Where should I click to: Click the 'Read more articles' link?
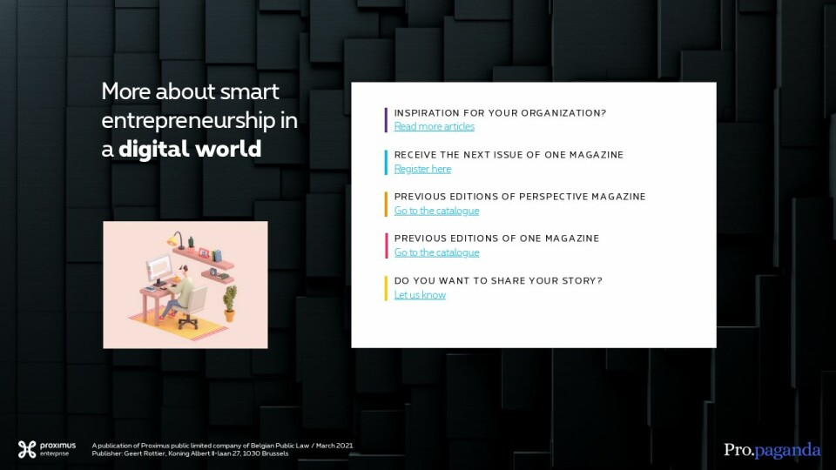[x=434, y=126]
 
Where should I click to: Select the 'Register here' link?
[x=422, y=169]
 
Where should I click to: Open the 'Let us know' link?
[x=420, y=295]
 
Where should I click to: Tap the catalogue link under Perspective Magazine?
[x=436, y=211]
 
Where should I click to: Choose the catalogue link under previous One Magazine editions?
[x=436, y=252]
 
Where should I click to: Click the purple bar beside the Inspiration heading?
[x=386, y=120]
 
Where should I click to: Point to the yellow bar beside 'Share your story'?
[x=386, y=288]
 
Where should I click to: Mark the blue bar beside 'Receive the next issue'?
[x=386, y=162]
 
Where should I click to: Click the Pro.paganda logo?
[x=772, y=451]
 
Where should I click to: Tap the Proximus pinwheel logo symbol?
[x=27, y=449]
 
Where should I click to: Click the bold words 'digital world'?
[x=190, y=149]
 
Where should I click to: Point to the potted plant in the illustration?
[x=229, y=303]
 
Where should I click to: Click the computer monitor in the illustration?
[x=159, y=269]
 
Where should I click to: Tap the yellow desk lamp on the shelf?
[x=177, y=240]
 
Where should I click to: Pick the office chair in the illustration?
[x=191, y=307]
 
